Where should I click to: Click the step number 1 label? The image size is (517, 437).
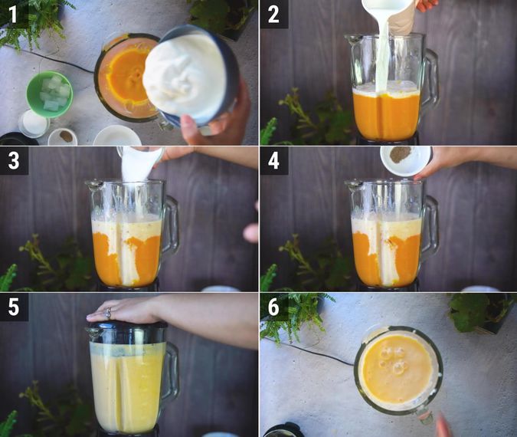pos(14,14)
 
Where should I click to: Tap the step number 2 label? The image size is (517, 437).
pos(273,14)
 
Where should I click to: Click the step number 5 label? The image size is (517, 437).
pos(14,307)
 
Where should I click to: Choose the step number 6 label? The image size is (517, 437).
pos(273,307)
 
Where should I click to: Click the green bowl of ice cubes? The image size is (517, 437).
pos(50,94)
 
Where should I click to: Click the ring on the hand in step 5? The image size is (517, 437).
pos(108,312)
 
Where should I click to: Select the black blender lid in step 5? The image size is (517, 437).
pos(126,332)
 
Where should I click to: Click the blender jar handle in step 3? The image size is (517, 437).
pos(171,227)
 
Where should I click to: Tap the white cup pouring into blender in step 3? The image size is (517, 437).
pos(139,163)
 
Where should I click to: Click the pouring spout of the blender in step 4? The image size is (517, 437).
pos(352,185)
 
